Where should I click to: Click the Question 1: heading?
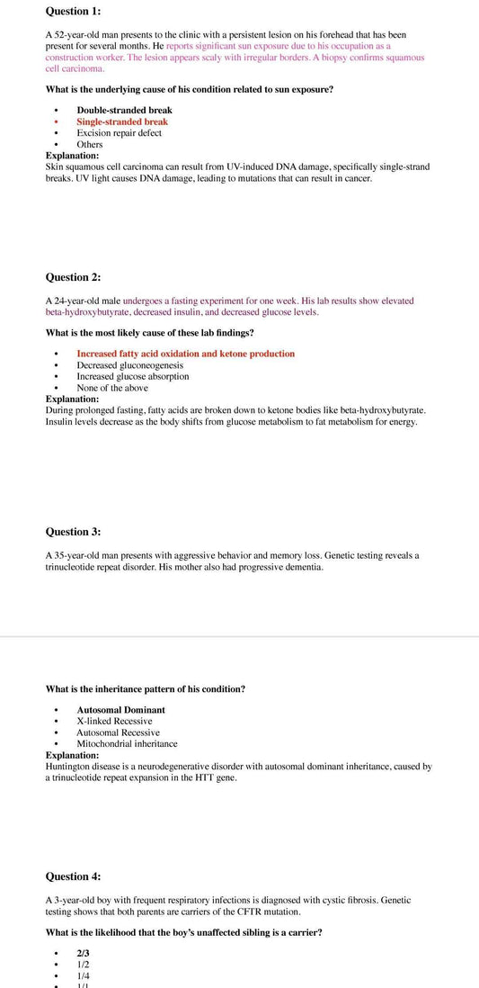[73, 11]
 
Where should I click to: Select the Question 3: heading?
[73, 532]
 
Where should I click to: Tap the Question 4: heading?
[73, 876]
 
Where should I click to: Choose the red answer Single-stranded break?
[122, 121]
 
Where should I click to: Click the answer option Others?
[90, 144]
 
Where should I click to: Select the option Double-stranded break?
[124, 110]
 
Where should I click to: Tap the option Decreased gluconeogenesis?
[129, 365]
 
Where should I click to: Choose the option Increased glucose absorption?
[133, 376]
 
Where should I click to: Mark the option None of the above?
[112, 388]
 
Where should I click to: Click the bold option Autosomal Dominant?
[120, 710]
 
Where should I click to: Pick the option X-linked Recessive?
[114, 721]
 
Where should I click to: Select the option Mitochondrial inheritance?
[127, 744]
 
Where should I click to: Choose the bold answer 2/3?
[83, 953]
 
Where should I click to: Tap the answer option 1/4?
[83, 975]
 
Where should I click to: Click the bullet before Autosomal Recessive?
[57, 732]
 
